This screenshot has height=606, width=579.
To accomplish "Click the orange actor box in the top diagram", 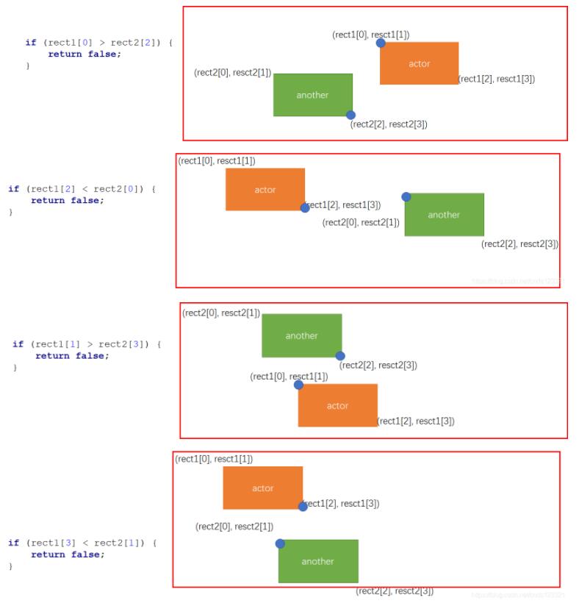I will click(419, 63).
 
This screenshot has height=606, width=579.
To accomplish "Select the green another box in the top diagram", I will click(312, 95).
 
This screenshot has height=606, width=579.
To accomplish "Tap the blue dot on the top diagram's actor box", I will click(381, 43).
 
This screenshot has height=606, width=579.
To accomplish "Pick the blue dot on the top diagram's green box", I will click(350, 115).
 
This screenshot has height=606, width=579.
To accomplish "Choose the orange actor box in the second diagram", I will click(265, 189).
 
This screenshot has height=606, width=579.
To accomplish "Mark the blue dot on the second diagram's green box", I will click(406, 196).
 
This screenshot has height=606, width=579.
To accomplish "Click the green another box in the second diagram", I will click(444, 215).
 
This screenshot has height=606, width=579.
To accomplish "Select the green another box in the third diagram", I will click(301, 335).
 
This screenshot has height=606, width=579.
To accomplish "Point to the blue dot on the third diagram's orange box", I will click(298, 385).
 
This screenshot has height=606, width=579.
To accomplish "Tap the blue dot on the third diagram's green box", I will click(340, 356).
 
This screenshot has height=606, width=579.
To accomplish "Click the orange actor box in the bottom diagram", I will click(262, 488).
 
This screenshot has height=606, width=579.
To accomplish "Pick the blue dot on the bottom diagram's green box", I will click(280, 543).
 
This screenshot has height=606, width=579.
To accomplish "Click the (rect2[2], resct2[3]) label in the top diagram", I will click(389, 124).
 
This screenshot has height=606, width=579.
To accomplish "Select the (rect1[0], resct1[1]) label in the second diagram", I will click(217, 161).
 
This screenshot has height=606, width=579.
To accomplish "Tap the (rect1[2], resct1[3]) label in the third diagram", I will click(416, 421).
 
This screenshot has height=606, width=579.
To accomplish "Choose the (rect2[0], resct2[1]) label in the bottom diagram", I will click(234, 527).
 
